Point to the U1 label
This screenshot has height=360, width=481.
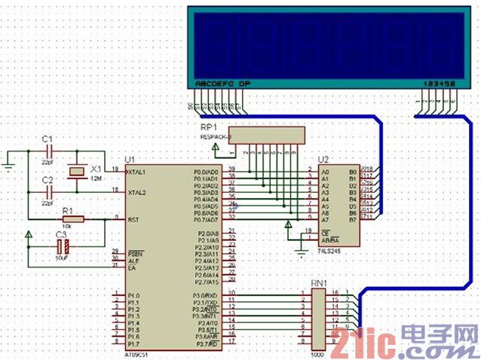pos(129,160)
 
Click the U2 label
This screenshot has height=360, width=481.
pos(324,160)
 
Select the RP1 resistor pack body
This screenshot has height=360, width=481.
pos(268,135)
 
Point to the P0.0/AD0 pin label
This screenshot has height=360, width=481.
pos(206,172)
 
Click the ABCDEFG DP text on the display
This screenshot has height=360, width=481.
pos(222,83)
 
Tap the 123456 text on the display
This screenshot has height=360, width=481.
pos(439,83)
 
